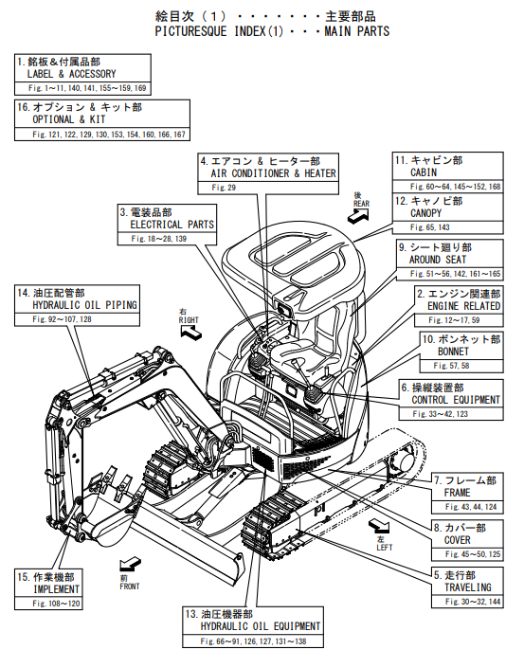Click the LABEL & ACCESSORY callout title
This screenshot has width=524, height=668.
72,74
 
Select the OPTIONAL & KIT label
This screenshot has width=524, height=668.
69,119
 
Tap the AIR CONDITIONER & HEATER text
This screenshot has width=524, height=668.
273,173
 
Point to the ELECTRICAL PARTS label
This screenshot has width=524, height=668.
172,225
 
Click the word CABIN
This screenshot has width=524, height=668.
424,172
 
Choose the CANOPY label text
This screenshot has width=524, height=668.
426,213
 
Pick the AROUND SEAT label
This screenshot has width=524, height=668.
438,260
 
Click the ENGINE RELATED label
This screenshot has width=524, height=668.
464,306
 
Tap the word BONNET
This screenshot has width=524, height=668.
453,352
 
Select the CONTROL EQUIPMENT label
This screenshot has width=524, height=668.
456,400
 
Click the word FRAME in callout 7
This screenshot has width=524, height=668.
457,493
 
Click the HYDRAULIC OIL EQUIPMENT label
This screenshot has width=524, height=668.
261,626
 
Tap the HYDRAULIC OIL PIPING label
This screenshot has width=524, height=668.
84,305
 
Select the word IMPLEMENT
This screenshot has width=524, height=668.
57,589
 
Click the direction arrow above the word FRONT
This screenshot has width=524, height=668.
130,565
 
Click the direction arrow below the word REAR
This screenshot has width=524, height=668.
358,216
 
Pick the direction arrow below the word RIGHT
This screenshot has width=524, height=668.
190,332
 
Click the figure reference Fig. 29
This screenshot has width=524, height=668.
224,188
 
